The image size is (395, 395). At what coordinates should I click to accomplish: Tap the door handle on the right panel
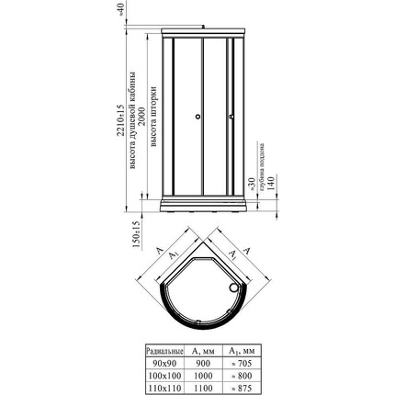[x=231, y=116]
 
